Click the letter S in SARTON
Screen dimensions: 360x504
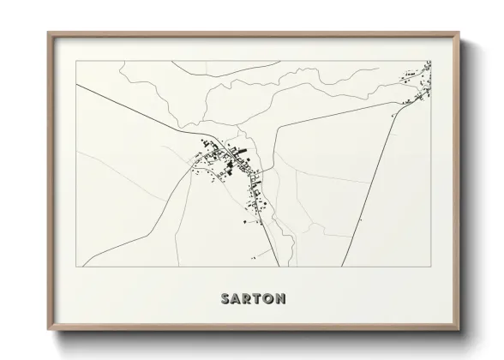click(225, 299)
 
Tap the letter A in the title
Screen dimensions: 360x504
click(237, 299)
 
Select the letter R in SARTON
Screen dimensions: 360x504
click(249, 299)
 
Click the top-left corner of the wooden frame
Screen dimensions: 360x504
click(47, 33)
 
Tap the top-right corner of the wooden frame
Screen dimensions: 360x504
click(460, 33)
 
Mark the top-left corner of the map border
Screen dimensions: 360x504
click(77, 61)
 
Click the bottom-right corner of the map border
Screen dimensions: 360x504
click(430, 267)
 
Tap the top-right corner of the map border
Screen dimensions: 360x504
click(430, 61)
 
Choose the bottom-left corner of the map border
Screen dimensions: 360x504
click(77, 267)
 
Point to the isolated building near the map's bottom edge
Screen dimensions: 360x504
click(254, 255)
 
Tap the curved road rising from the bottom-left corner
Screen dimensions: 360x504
click(146, 227)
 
